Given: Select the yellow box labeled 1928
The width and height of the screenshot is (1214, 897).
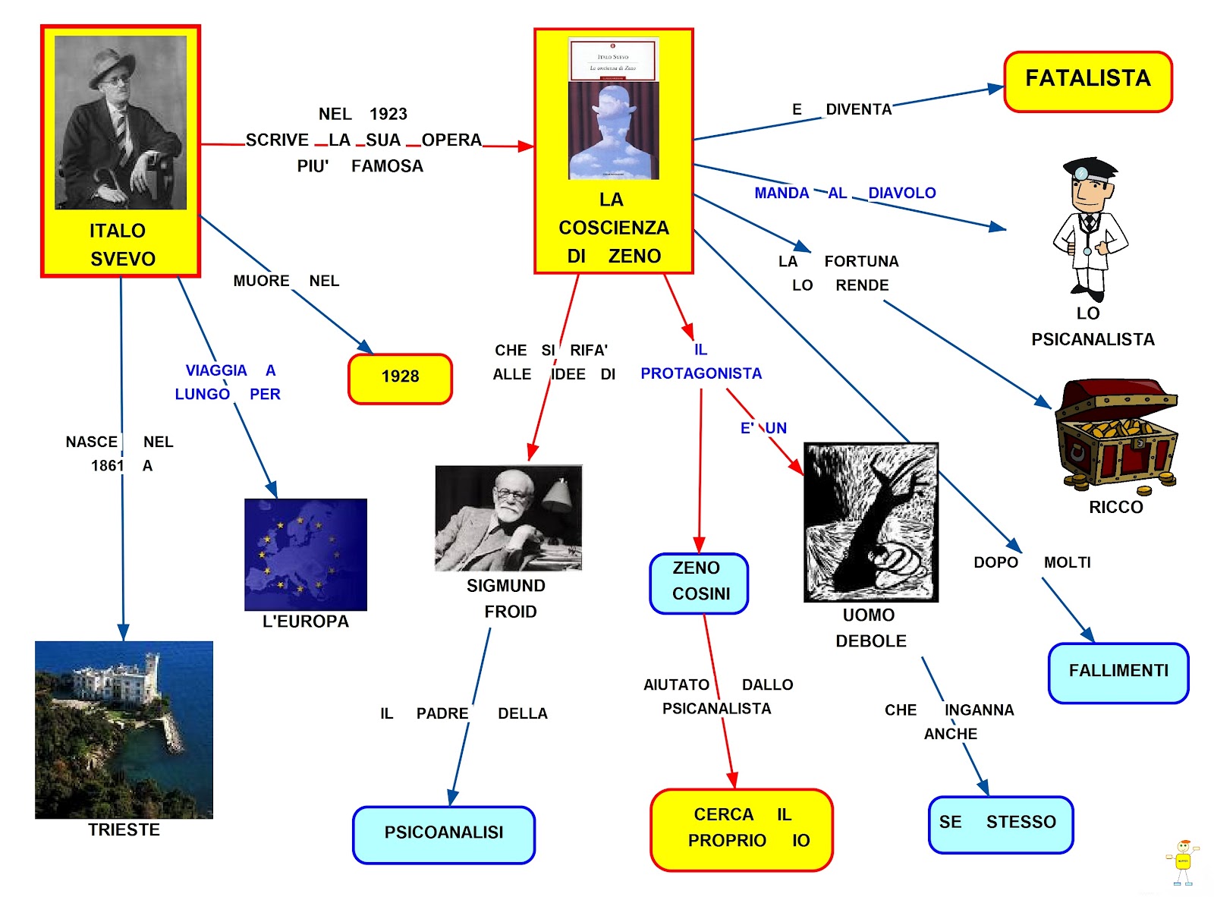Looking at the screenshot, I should pos(400,378).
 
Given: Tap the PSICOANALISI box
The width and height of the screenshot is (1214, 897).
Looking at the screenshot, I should pos(444,834).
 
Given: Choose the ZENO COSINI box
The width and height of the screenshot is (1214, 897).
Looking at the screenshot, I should pos(699,582).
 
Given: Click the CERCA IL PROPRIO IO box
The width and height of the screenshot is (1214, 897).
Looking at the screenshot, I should pos(741,829).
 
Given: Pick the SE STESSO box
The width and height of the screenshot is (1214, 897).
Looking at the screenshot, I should pos(1000,823).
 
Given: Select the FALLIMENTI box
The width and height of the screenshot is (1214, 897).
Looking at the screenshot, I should pos(1118,672).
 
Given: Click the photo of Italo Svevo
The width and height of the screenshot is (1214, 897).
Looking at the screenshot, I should pos(121,122).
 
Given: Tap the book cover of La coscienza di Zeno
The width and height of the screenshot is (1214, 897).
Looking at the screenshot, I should pos(613,109).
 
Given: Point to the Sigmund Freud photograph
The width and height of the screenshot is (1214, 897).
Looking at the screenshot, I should pos(508,518).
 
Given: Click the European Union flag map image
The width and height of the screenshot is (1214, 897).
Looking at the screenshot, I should pos(306,554).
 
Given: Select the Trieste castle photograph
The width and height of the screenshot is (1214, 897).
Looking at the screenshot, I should pos(124,729).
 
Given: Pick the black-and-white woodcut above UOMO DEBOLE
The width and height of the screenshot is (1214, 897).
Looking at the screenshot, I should pos(870,522).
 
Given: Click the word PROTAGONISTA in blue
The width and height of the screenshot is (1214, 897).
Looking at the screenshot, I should pos(701,373).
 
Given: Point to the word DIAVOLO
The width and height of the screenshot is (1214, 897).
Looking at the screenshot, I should pos(901,193).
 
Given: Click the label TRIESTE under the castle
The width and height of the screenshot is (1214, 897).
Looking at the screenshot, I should pos(124,830).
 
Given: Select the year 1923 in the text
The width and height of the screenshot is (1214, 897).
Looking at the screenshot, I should pos(388,114).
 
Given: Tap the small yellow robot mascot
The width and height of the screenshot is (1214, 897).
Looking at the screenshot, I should pos(1182,862).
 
